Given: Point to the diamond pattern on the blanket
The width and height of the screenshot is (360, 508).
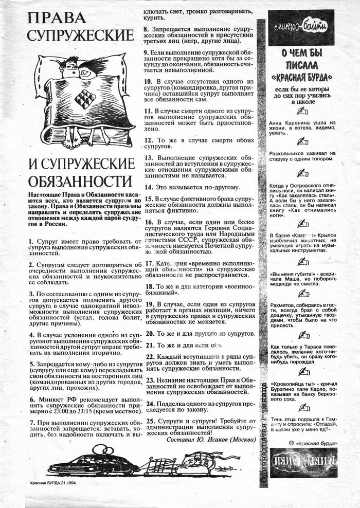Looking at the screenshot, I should (x=85, y=99).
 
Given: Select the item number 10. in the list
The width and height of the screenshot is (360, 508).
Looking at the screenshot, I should (x=149, y=81).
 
